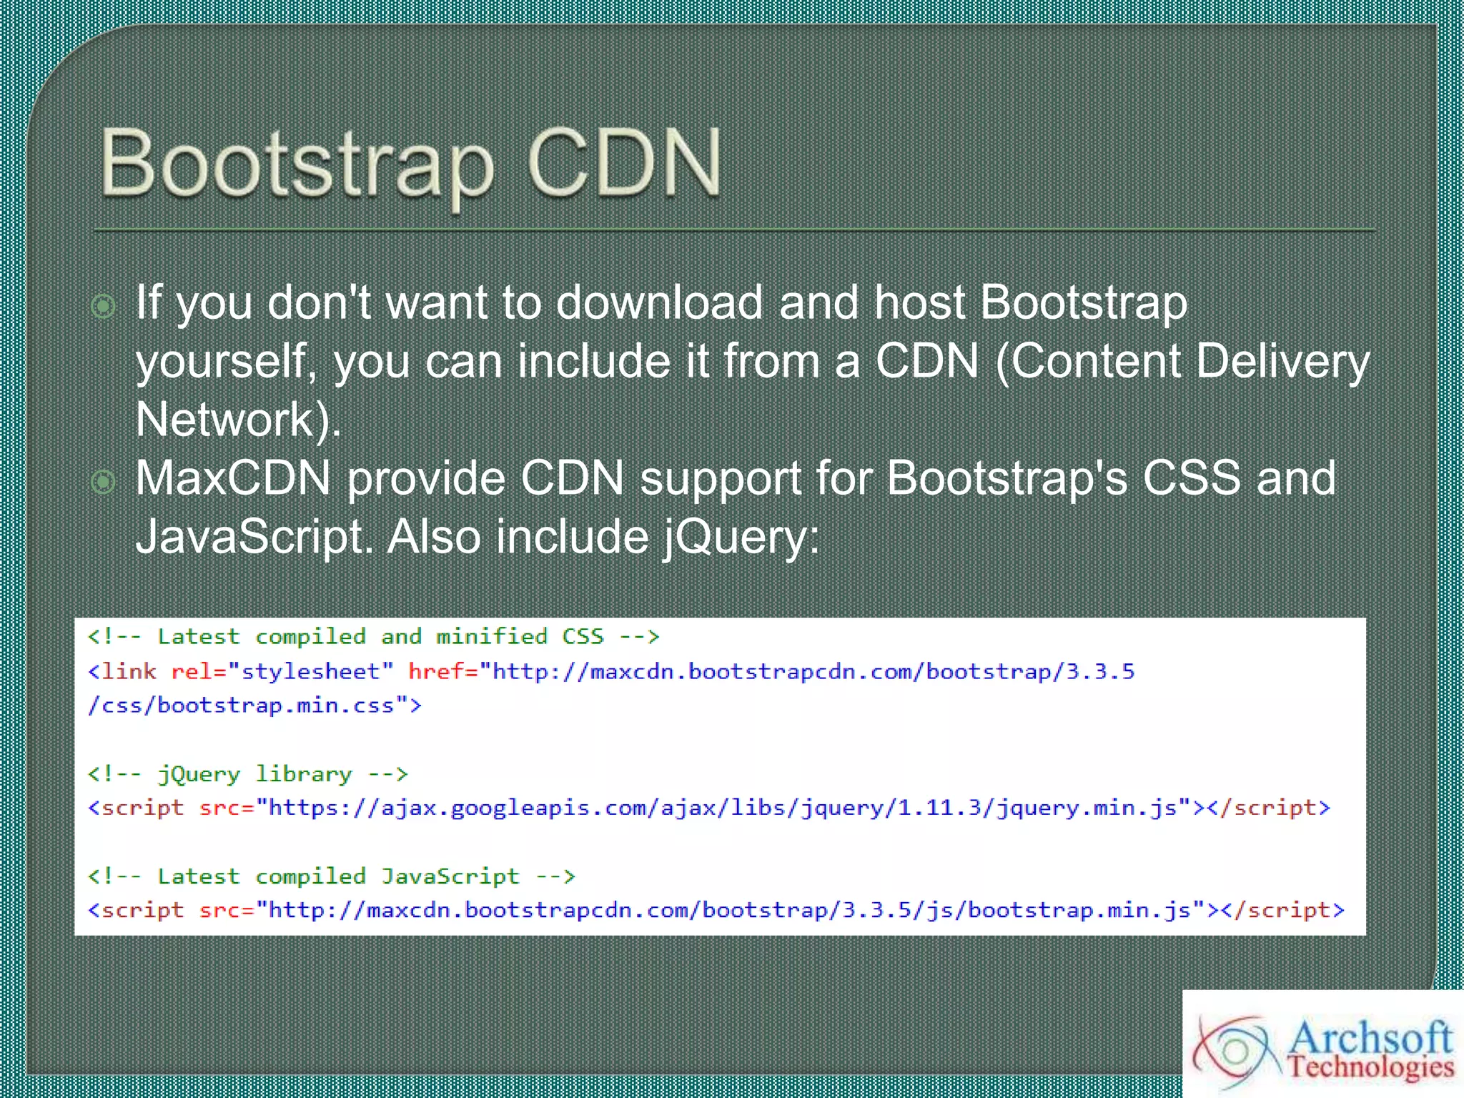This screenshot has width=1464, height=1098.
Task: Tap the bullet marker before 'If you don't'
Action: coord(104,307)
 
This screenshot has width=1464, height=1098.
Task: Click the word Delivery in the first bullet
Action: coord(1282,361)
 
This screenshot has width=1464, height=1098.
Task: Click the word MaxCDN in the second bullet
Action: coord(233,478)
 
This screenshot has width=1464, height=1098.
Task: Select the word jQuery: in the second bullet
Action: coord(741,538)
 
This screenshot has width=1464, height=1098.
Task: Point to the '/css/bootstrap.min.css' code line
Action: coord(254,706)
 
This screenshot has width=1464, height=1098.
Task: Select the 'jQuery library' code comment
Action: coord(247,774)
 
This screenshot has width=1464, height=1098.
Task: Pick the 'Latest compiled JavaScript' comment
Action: coord(331,876)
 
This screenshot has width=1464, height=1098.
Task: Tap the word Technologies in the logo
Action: coord(1370,1067)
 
